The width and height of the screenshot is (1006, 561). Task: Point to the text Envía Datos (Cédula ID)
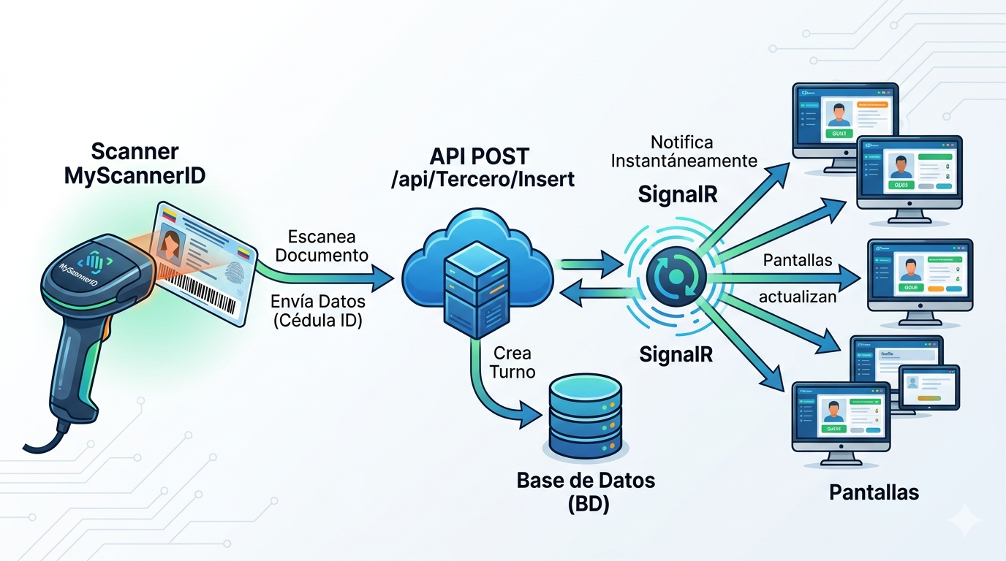pos(317,310)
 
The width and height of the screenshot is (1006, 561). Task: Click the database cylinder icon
pos(583,414)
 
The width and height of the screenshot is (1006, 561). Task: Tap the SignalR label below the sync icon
pos(676,354)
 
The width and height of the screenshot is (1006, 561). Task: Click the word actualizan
pos(797,297)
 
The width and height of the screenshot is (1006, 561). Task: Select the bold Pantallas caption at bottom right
pos(874,492)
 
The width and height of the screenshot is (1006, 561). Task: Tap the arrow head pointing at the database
pos(531,417)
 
